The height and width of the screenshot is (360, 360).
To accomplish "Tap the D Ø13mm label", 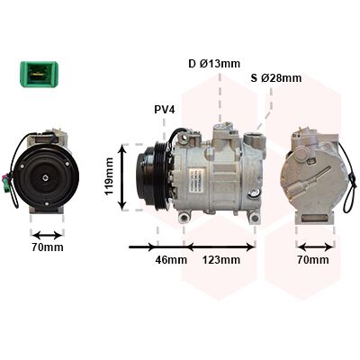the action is pyautogui.click(x=214, y=64).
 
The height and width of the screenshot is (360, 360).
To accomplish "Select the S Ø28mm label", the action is pyautogui.click(x=276, y=78).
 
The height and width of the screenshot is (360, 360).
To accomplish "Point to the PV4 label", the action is pyautogui.click(x=164, y=110).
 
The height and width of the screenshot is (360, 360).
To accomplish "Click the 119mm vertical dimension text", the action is pyautogui.click(x=109, y=176).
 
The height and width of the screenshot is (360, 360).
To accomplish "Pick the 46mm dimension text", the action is pyautogui.click(x=171, y=260).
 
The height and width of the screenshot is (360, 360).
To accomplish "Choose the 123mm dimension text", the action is pyautogui.click(x=220, y=260).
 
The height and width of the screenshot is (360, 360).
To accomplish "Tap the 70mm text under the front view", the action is pyautogui.click(x=48, y=247).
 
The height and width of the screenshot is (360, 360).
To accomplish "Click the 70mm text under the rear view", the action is pyautogui.click(x=313, y=260).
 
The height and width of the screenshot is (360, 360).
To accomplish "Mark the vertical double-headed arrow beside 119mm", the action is pyautogui.click(x=122, y=176).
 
